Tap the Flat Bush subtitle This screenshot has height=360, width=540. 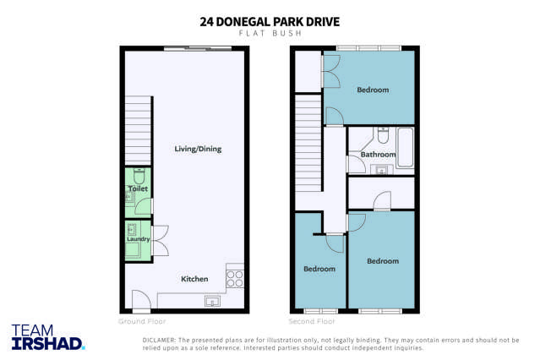point(270,35)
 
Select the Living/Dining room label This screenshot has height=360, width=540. point(198,150)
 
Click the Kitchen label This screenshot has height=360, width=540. point(195,279)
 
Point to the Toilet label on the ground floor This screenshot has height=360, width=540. point(138,189)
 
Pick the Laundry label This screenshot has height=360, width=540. point(138,239)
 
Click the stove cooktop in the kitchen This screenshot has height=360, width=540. point(235,277)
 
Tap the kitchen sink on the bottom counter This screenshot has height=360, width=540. point(211,302)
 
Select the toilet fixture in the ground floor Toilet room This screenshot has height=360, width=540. point(139,176)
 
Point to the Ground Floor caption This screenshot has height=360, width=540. point(142,322)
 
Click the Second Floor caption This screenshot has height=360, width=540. point(313,322)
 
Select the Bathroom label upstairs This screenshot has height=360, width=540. point(378,155)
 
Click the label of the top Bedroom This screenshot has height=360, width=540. point(373,90)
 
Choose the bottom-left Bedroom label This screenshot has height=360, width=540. point(319,269)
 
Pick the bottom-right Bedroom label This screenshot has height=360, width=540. point(382,261)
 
